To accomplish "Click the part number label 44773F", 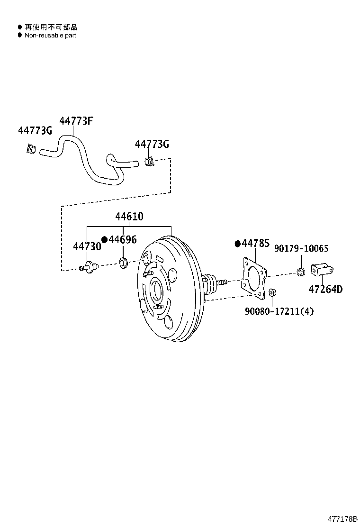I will click(76, 121).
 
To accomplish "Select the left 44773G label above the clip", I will click(35, 131).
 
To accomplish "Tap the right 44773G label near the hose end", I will click(152, 144).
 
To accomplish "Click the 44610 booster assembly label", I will click(129, 217).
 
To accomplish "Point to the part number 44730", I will click(87, 247).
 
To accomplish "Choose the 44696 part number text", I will click(122, 239).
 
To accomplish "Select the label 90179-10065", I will click(301, 249).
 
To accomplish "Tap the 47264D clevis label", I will click(325, 290).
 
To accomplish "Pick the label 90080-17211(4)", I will click(279, 311).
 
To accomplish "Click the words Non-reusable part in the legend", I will click(50, 36).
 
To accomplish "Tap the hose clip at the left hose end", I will click(31, 149).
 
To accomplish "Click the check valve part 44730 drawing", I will click(88, 267).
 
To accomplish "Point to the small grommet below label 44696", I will click(123, 262).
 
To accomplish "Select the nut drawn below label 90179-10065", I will click(300, 272).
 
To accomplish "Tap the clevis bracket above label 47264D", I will click(322, 270).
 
